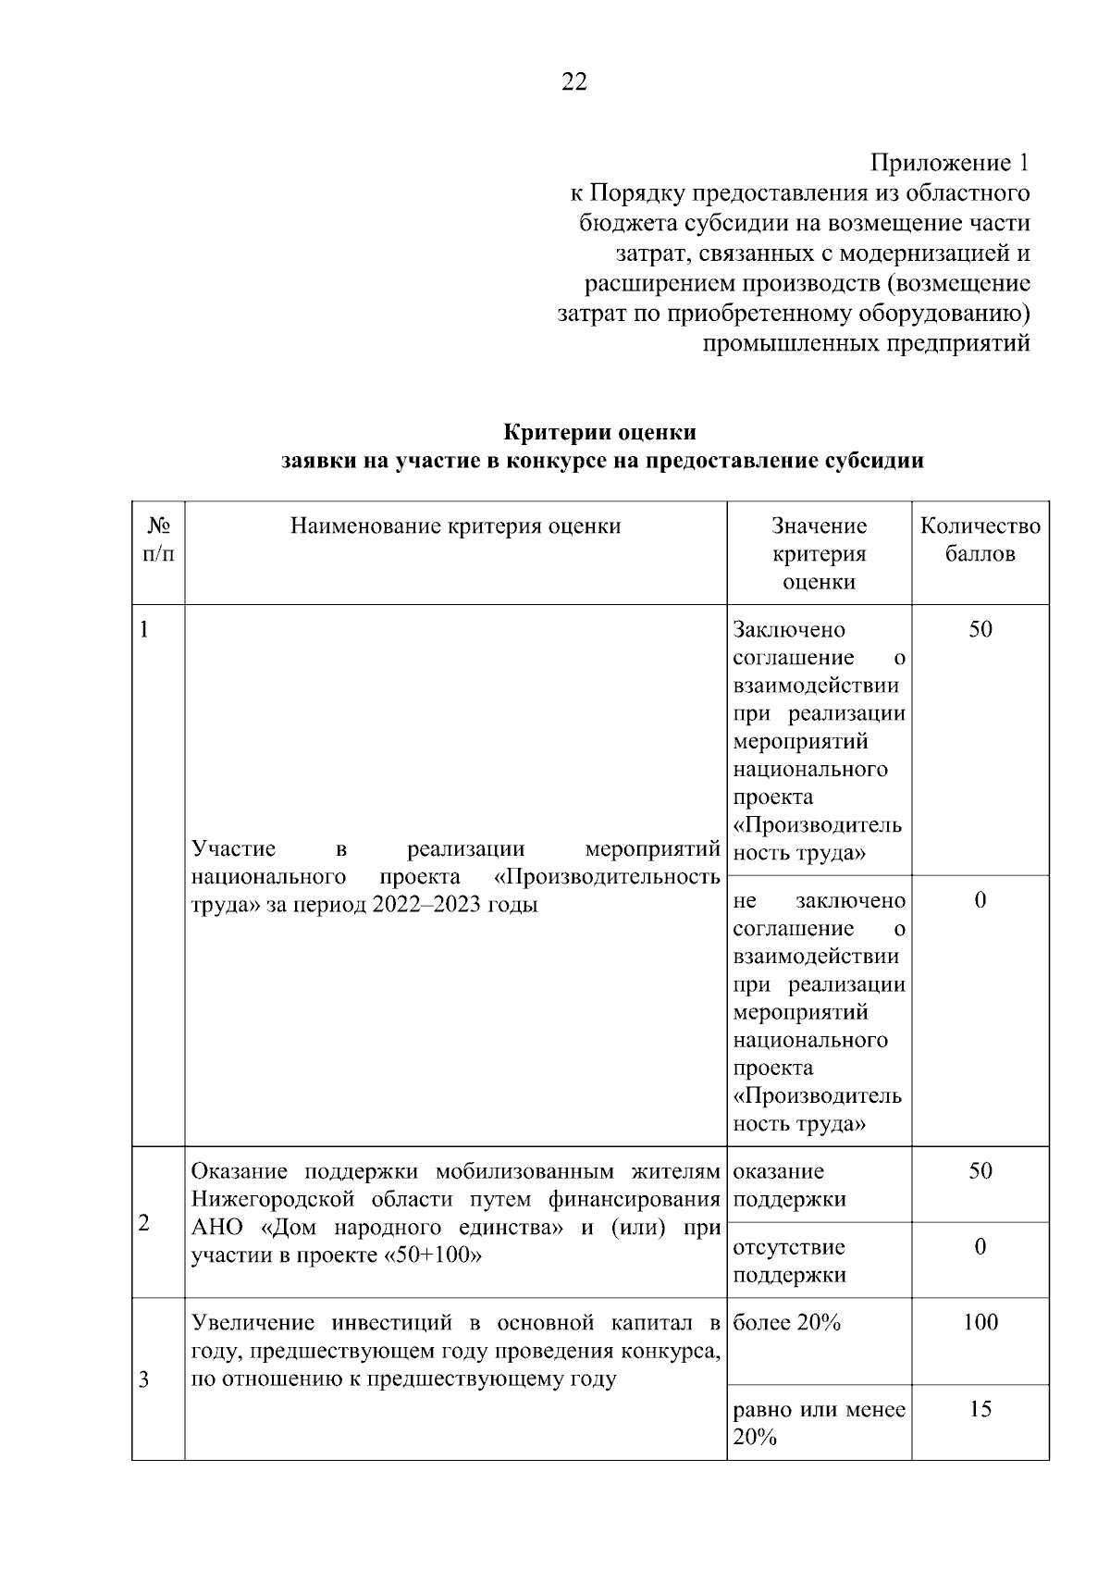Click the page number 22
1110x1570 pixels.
[x=573, y=82]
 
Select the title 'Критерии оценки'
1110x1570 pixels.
[x=599, y=432]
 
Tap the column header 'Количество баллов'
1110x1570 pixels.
[x=980, y=539]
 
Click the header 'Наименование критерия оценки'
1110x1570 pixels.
[x=455, y=526]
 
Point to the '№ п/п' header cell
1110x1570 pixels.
[x=158, y=539]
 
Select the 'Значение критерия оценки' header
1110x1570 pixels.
[x=819, y=553]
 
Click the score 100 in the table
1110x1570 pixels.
[x=980, y=1322]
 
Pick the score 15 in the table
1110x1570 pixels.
[x=980, y=1408]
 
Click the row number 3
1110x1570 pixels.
[x=144, y=1380]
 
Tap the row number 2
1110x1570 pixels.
[x=144, y=1223]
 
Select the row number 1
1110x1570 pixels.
[x=144, y=630]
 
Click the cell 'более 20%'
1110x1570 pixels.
[x=786, y=1323]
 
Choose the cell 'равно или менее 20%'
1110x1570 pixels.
[x=819, y=1423]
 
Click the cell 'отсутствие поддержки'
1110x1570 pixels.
[x=789, y=1260]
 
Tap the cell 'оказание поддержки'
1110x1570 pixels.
[x=789, y=1185]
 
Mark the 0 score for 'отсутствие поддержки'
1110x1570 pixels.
[x=980, y=1246]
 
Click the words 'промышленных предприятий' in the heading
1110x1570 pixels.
[x=866, y=344]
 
